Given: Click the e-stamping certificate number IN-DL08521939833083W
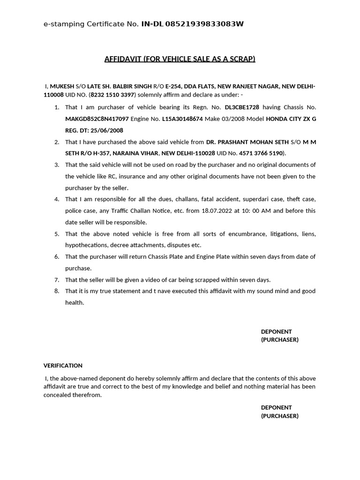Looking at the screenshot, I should [x=192, y=24].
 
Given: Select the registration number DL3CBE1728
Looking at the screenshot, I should [x=242, y=107].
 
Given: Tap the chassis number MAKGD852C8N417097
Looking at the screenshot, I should [x=97, y=119].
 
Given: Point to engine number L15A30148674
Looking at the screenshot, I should [x=182, y=119].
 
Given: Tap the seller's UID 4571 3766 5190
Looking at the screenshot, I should [x=261, y=153].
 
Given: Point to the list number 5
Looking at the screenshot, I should [x=57, y=233].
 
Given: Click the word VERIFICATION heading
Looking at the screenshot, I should [x=63, y=365].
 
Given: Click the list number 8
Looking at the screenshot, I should [x=57, y=291].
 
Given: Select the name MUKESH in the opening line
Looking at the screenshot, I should [x=62, y=86].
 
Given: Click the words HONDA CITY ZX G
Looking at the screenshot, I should [x=291, y=119].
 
